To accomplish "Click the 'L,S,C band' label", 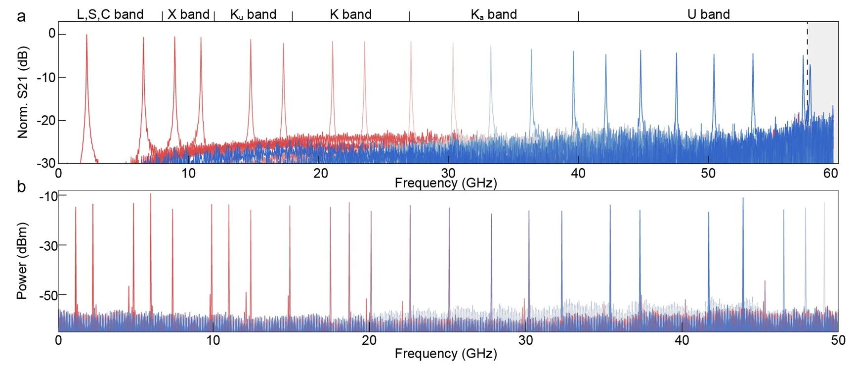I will (x=110, y=14).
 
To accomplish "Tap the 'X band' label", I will (x=188, y=14).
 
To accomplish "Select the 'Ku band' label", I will (x=253, y=15).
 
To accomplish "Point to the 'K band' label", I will (x=350, y=14).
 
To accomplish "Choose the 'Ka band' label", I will (x=494, y=15).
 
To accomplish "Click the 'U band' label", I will (x=708, y=14).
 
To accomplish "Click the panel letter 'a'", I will (x=21, y=17).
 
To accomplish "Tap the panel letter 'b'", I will (x=21, y=187).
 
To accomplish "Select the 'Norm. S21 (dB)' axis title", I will (x=23, y=92).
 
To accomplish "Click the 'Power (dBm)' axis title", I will (x=22, y=261).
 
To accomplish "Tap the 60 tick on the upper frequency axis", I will (x=831, y=173).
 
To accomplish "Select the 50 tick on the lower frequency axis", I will (x=838, y=340).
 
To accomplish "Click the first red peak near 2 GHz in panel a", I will (x=86, y=37).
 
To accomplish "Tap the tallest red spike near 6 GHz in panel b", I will (x=151, y=195).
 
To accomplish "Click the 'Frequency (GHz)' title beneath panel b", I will (x=446, y=354).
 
